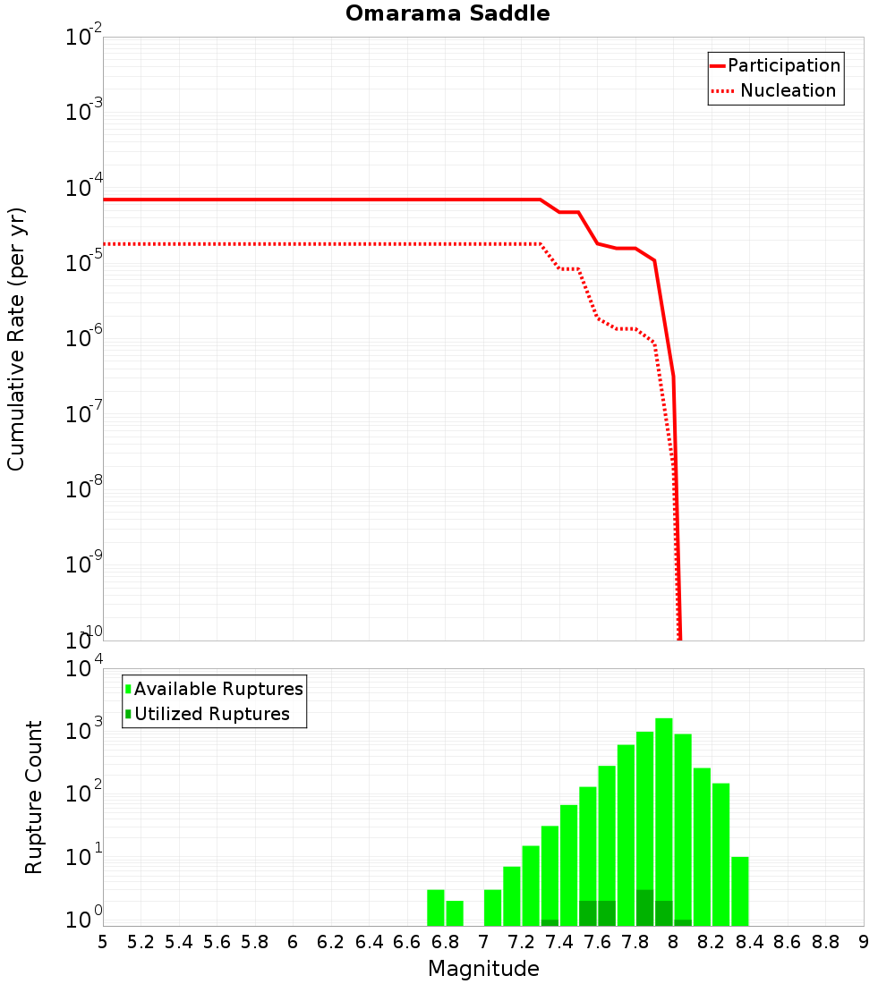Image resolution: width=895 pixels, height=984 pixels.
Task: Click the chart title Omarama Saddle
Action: [447, 13]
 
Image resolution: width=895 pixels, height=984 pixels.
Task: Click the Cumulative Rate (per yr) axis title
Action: [16, 339]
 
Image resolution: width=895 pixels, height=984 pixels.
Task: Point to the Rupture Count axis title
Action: [34, 797]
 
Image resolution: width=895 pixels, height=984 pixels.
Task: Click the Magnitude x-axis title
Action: [483, 969]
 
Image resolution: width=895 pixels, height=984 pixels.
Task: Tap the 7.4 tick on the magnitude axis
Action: [559, 942]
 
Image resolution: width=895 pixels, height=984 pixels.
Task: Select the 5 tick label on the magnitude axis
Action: [103, 942]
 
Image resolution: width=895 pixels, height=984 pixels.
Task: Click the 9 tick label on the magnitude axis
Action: [864, 942]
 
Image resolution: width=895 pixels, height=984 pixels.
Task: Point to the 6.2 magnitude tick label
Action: [331, 942]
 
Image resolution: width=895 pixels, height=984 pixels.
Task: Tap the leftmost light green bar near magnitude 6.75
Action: [436, 907]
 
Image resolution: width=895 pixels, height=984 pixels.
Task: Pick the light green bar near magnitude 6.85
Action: [455, 912]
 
